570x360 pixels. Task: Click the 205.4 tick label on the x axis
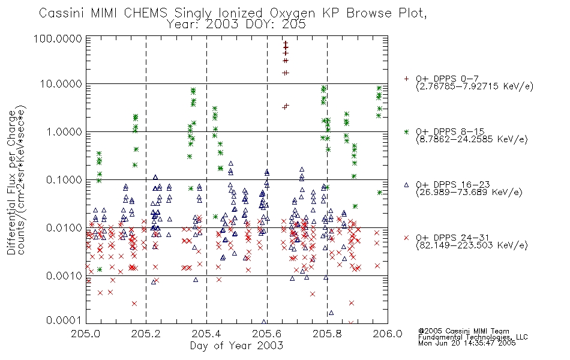(206, 334)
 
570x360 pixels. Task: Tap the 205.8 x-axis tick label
(327, 334)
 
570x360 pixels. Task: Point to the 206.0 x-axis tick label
(388, 334)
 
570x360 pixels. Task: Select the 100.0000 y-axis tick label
(58, 38)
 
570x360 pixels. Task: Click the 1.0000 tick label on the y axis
(64, 131)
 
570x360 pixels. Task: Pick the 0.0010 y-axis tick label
(64, 275)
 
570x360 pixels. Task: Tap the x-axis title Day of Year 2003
(236, 346)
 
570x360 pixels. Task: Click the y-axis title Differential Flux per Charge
(11, 182)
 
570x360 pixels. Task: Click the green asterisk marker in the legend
(406, 131)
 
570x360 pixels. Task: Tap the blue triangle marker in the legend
(406, 185)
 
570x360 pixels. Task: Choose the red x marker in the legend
(406, 238)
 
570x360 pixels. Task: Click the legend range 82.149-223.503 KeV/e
(472, 245)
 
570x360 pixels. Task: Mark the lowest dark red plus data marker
(284, 107)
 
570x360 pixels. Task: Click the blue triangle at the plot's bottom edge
(264, 322)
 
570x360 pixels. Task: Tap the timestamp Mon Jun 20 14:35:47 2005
(467, 343)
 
